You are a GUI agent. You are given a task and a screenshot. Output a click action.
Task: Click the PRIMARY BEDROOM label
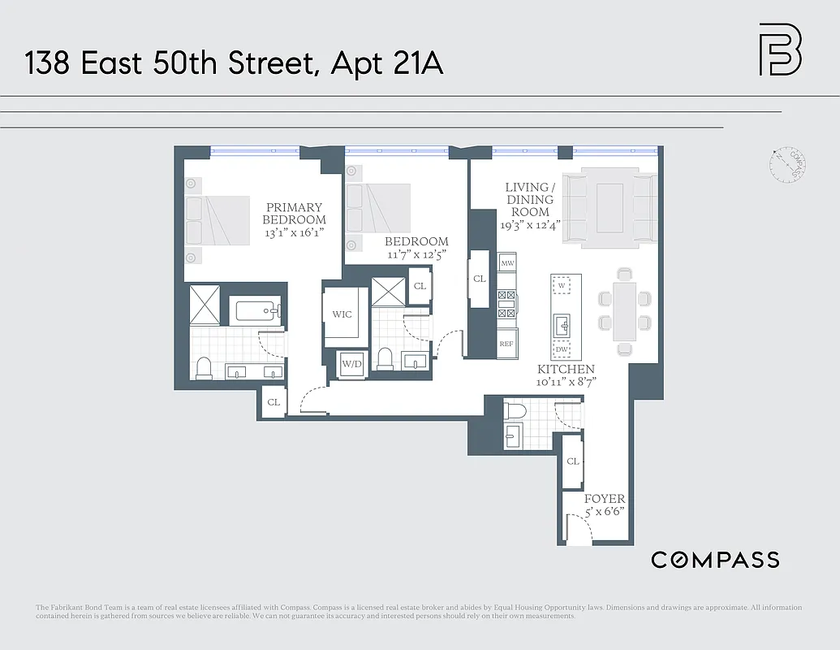pos(294,214)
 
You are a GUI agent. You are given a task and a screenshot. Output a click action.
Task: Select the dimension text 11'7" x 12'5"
pos(416,254)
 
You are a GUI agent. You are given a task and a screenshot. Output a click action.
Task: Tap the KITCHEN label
pos(566,370)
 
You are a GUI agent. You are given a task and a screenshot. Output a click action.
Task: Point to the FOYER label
pos(605,499)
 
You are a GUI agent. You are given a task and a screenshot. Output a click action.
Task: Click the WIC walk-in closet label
pos(342,314)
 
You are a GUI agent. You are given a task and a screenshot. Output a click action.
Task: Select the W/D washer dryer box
pos(351,364)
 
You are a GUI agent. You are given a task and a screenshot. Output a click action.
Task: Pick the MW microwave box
pos(507,263)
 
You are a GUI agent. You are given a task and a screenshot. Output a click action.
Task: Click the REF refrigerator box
pos(506,344)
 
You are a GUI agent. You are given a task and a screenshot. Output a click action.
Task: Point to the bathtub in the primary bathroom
pos(256,310)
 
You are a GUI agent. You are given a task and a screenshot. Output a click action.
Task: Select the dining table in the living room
pos(624,311)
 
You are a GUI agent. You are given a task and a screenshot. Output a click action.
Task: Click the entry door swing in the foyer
pos(579,531)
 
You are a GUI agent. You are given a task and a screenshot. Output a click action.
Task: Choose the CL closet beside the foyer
pos(573,461)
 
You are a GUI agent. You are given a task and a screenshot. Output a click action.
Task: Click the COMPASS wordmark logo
pos(715,559)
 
